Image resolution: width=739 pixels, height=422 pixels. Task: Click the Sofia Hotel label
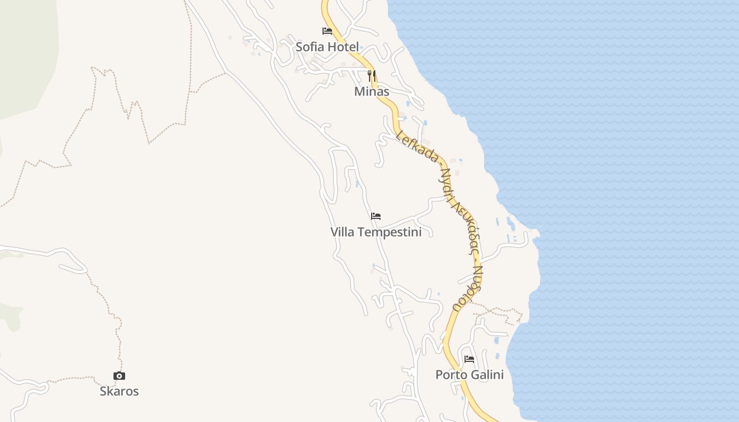point(327,47)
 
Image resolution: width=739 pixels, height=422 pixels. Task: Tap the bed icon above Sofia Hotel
point(327,31)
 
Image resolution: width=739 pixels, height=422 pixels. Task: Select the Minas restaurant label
point(372,92)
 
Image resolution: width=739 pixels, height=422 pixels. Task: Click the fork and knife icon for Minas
point(372,76)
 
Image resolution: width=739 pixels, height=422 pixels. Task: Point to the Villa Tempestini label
point(376,232)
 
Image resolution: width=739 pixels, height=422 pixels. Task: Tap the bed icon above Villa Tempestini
point(376,216)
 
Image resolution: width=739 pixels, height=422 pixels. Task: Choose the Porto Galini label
point(469,375)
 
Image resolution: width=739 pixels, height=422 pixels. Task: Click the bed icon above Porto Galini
point(469,359)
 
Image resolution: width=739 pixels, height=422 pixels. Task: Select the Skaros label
point(119,391)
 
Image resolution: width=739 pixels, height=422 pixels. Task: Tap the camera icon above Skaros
point(119,376)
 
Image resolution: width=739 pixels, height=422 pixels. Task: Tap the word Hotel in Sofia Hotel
point(343,47)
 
